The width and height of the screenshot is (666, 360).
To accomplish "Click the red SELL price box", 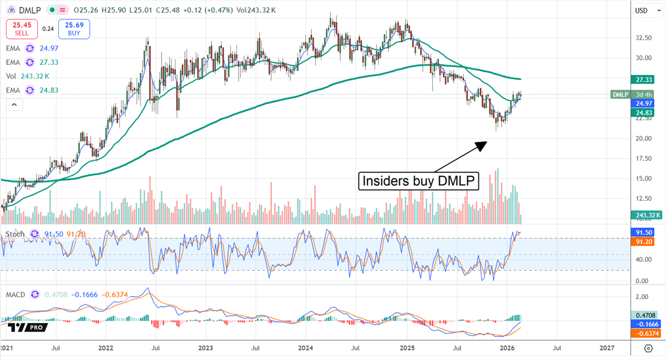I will (x=22, y=29).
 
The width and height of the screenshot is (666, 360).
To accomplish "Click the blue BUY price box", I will (x=74, y=29).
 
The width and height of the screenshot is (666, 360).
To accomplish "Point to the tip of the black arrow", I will (x=487, y=142).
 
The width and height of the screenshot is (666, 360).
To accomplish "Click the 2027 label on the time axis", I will (x=607, y=348).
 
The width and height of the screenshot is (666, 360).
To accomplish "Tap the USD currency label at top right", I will (x=642, y=10).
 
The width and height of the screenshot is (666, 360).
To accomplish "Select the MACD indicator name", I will (x=15, y=295).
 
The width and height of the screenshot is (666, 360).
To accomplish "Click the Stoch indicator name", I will (x=14, y=234).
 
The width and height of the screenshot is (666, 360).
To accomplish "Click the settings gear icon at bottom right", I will (x=648, y=348).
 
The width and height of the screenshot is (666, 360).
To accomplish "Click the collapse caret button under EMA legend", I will (x=14, y=104).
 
